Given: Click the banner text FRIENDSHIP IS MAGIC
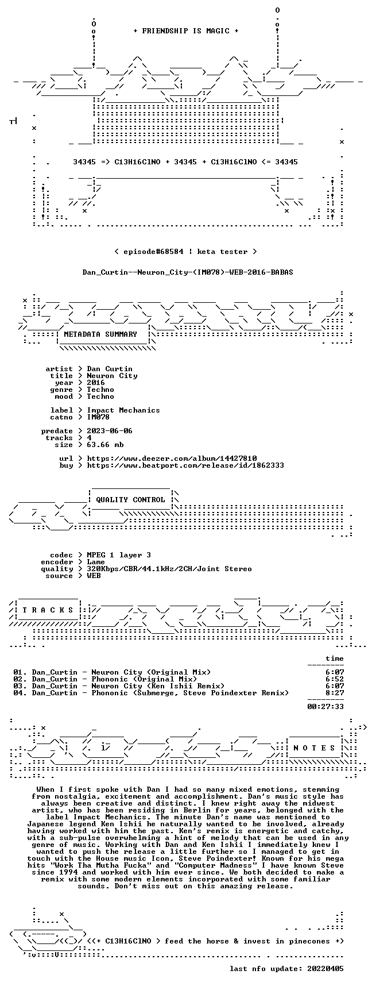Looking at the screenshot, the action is [185, 31].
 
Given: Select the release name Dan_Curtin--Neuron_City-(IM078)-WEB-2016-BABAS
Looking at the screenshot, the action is [188, 272].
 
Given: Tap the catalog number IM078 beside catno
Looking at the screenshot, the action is [98, 417].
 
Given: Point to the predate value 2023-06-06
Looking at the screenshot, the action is [110, 431].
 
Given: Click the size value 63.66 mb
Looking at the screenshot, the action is [105, 445].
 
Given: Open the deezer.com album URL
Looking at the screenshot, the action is [172, 459].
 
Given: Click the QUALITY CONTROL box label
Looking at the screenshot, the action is [130, 500].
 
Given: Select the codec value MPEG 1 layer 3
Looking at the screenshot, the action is [119, 555].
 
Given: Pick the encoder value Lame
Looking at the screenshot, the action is [96, 562].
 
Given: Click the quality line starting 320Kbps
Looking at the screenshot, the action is [169, 569].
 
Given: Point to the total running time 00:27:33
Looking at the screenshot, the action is [325, 707].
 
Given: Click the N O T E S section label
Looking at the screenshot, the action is [314, 748].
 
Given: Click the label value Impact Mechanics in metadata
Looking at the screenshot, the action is [123, 410].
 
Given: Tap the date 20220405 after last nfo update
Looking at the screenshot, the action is [325, 969].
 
